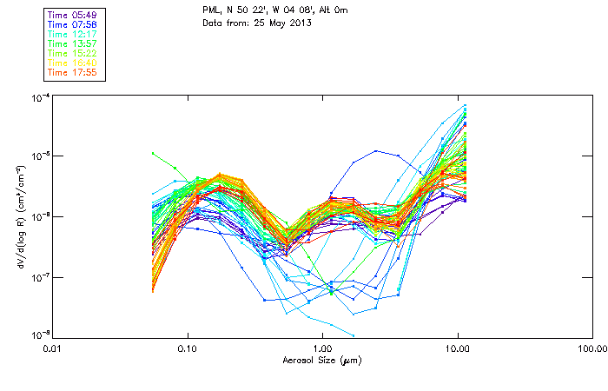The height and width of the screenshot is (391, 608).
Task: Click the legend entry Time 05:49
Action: tap(73, 14)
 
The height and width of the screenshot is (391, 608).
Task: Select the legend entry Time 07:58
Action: tap(73, 23)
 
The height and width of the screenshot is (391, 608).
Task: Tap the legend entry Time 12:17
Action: tap(73, 33)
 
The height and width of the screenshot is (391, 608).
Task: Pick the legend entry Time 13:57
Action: tap(73, 43)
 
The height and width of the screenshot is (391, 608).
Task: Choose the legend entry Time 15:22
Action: tap(73, 52)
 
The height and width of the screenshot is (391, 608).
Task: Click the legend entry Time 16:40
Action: tap(73, 62)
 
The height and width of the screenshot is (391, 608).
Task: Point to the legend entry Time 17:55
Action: tap(73, 71)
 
